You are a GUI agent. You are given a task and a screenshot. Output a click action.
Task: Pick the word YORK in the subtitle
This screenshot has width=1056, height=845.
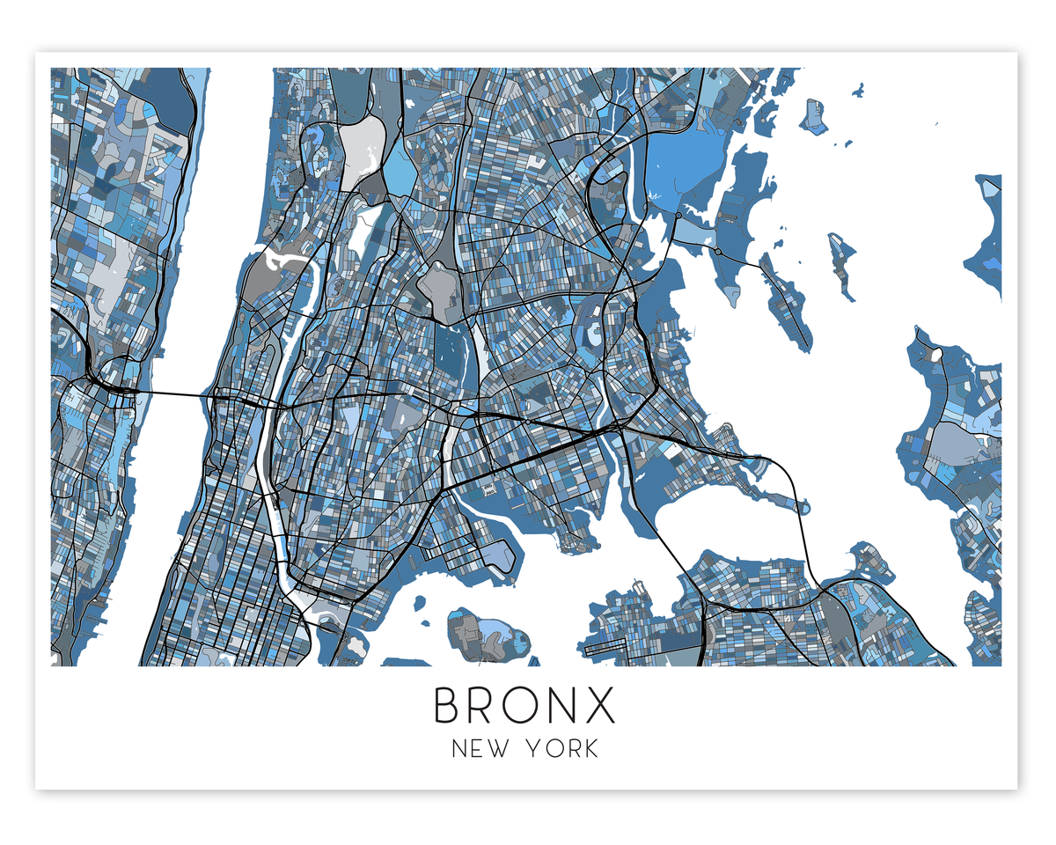(x=562, y=749)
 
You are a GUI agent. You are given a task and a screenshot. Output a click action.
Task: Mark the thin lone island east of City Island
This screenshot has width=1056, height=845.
(x=842, y=264)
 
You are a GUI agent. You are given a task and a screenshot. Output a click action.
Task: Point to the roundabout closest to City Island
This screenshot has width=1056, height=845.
(x=718, y=252)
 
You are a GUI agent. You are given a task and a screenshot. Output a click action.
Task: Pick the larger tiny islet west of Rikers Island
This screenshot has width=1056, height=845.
(x=420, y=603)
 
